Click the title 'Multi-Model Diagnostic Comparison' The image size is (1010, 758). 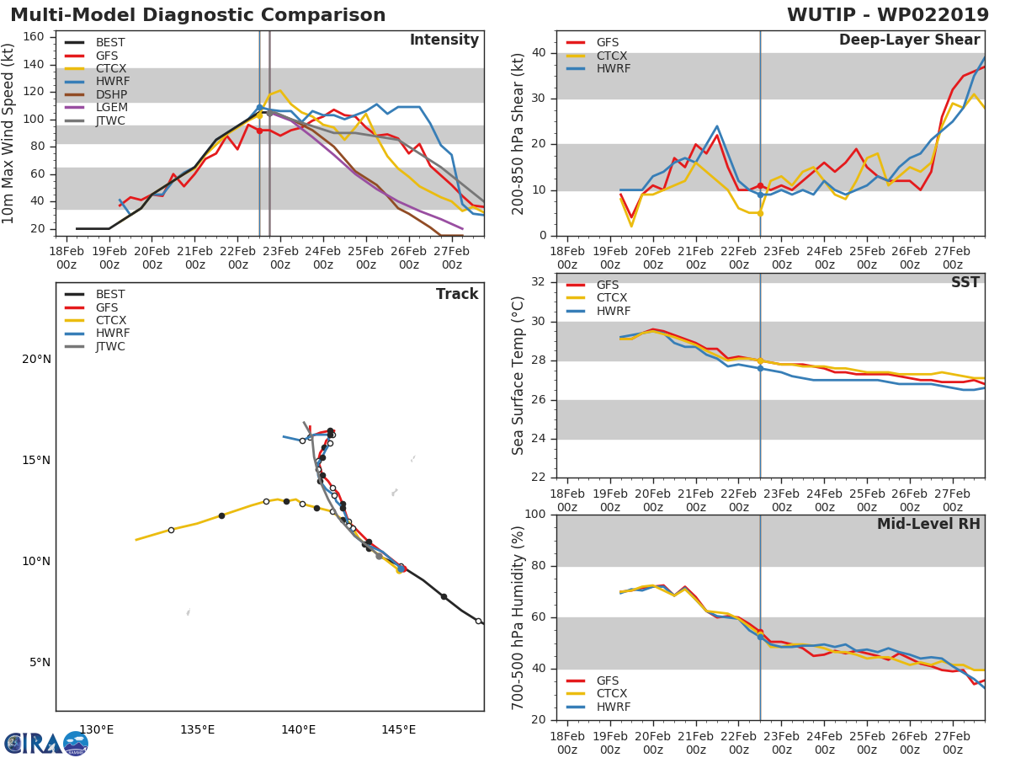(x=198, y=15)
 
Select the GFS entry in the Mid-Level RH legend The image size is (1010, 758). (x=608, y=681)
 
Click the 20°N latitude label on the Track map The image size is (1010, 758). (x=36, y=360)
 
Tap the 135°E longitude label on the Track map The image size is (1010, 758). (x=197, y=729)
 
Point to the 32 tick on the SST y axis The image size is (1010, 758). (x=539, y=282)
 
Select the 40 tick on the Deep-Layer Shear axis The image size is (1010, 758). (x=539, y=53)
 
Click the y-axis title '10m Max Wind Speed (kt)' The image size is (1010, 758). (x=9, y=133)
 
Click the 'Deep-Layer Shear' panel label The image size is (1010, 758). (x=909, y=40)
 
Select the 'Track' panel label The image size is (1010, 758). (x=456, y=294)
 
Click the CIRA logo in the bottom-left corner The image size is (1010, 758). (x=46, y=743)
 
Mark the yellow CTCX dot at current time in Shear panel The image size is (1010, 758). (x=759, y=213)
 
